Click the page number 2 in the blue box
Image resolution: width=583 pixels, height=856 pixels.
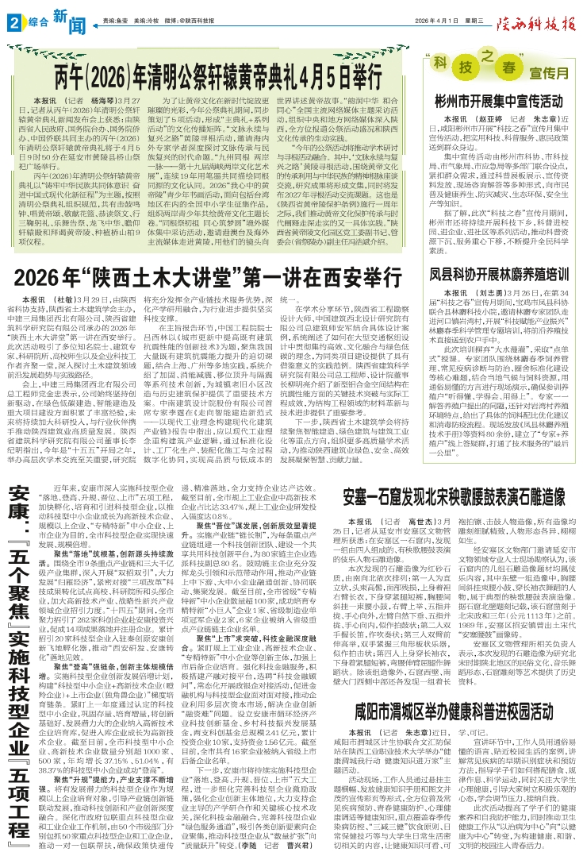point(13,21)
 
